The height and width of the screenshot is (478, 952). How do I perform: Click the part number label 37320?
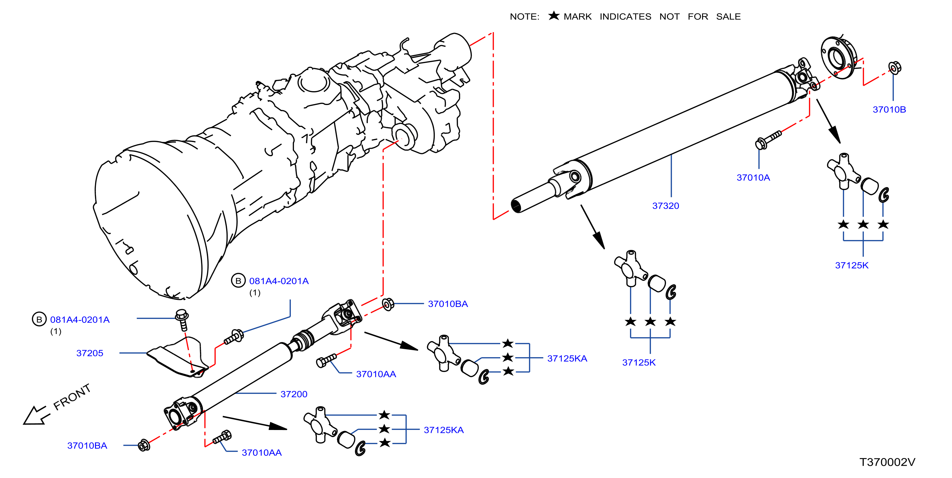tap(666, 206)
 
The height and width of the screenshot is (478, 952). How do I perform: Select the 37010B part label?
tap(889, 110)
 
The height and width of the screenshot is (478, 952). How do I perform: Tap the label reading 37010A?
tap(753, 178)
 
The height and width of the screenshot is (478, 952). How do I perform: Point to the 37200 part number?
tap(294, 394)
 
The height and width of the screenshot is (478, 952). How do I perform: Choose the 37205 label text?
tap(90, 353)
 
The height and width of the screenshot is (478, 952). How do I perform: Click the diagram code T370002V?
tap(887, 462)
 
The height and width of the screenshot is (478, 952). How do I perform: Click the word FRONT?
tap(72, 397)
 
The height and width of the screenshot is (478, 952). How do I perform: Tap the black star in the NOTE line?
tap(554, 15)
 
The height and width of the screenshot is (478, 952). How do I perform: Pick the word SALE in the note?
tap(728, 17)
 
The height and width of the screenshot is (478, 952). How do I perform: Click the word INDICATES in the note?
tap(625, 17)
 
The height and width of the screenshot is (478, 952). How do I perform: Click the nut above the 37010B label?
tap(894, 68)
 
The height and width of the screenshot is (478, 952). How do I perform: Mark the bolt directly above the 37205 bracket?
tap(182, 320)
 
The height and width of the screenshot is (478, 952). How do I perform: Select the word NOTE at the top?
tap(524, 17)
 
